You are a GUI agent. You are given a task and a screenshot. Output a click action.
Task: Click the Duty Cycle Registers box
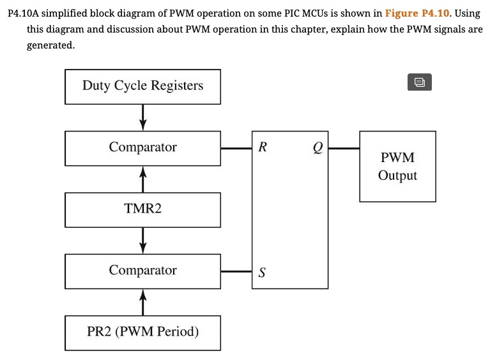[x=142, y=86]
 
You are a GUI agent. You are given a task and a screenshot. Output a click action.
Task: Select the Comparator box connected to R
[x=142, y=147]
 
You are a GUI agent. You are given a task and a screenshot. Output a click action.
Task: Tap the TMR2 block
[x=142, y=209]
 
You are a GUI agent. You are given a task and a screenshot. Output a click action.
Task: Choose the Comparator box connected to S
[x=142, y=271]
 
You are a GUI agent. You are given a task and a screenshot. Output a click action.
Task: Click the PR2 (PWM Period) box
[x=142, y=332]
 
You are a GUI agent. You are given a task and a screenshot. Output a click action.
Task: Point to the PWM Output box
[x=397, y=167]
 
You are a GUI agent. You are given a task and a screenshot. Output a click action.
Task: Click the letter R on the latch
[x=263, y=148]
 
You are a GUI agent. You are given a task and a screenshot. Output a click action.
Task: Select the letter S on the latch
[x=261, y=273]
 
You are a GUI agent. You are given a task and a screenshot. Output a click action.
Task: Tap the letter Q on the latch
[x=317, y=148]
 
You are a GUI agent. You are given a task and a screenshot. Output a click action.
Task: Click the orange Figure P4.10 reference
[x=418, y=13]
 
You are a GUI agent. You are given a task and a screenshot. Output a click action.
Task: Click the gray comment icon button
[x=419, y=82]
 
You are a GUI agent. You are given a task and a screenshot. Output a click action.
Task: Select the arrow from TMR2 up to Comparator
[x=142, y=179]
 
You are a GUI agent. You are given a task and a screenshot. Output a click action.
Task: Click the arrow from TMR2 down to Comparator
[x=142, y=240]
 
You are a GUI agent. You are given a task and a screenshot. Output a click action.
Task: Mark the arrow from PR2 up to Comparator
[x=142, y=301]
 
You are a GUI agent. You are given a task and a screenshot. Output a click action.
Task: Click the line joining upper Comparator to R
[x=236, y=148]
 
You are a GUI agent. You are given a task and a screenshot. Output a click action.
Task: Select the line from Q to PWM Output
[x=344, y=148]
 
